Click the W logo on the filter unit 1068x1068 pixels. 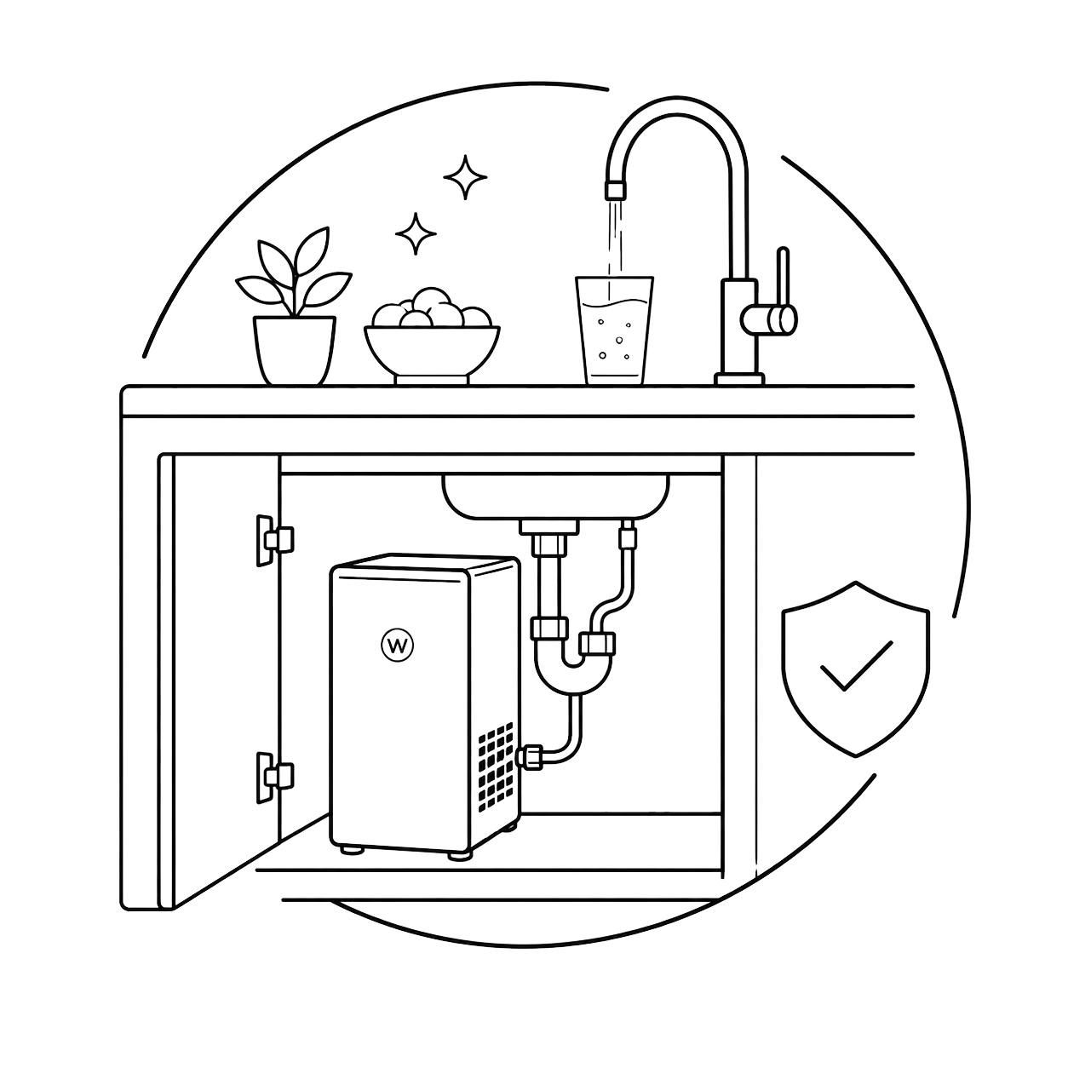[x=398, y=645]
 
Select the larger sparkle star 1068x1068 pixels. [x=465, y=177]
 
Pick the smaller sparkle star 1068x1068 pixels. [x=416, y=233]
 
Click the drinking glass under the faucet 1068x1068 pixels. [x=615, y=330]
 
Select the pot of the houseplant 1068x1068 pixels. [x=295, y=350]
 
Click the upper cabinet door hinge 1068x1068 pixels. [x=274, y=540]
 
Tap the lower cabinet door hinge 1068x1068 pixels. [x=274, y=778]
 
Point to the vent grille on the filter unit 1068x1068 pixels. [x=495, y=767]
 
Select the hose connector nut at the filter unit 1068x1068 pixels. [x=529, y=757]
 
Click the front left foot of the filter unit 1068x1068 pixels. [x=353, y=850]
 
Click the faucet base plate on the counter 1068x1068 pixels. [x=739, y=379]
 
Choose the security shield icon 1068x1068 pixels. [x=855, y=669]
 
